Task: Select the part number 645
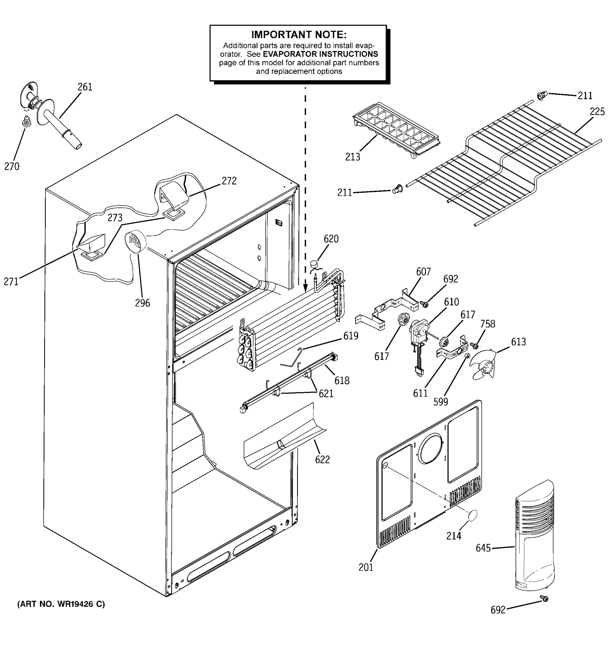click(483, 548)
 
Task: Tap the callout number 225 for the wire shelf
click(597, 112)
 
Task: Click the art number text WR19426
click(75, 604)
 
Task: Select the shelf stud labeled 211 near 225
click(542, 96)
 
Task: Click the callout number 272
click(229, 181)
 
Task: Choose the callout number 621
click(326, 393)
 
